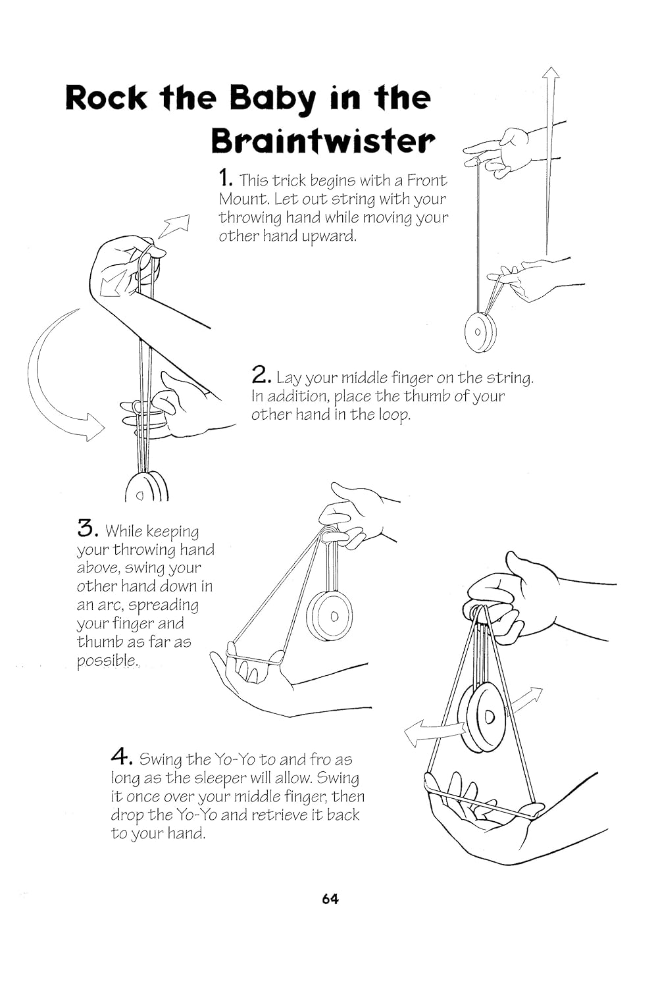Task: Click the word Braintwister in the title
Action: (323, 141)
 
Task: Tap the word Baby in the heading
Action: (272, 100)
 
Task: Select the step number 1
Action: (225, 178)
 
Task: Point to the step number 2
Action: (261, 375)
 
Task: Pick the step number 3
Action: (88, 528)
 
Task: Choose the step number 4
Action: (122, 757)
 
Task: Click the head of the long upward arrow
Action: (551, 73)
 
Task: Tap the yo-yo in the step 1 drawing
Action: (480, 332)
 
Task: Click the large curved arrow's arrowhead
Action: (94, 427)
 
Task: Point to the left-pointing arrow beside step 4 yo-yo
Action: (434, 733)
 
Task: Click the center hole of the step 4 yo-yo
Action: (489, 717)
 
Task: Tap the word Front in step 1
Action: (426, 180)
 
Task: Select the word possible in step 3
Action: (107, 661)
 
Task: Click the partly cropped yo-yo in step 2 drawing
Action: (146, 486)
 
